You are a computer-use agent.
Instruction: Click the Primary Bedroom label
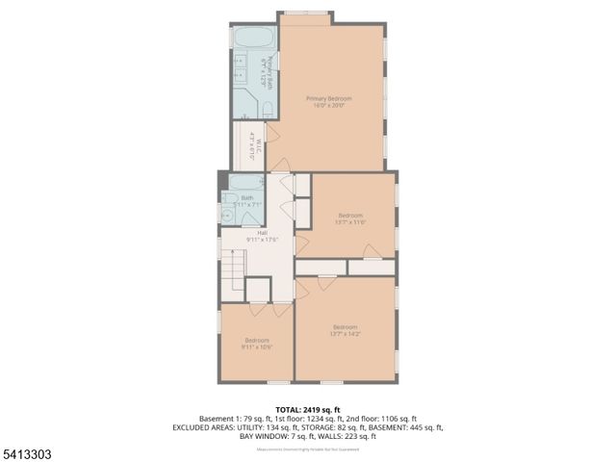tap(328, 99)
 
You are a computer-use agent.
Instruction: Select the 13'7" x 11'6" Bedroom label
tap(350, 218)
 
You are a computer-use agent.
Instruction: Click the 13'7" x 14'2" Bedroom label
tap(345, 330)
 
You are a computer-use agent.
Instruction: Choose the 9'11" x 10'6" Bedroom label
tap(256, 343)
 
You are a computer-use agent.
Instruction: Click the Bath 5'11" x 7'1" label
tap(247, 201)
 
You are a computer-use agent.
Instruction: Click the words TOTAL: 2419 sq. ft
tap(307, 410)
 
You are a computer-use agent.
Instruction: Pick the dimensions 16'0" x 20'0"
tap(328, 105)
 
